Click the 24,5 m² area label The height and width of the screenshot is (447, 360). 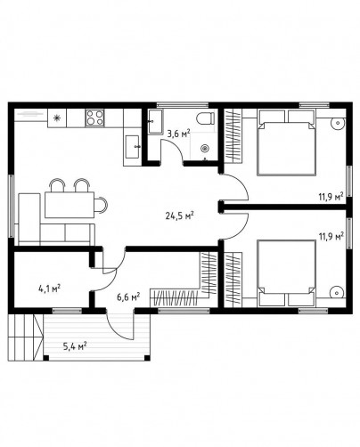tap(180, 215)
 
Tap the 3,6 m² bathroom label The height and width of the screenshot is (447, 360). tap(178, 134)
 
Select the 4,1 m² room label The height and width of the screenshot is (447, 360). tap(50, 288)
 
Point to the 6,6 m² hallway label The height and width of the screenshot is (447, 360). tap(128, 297)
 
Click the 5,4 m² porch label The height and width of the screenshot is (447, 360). tap(75, 345)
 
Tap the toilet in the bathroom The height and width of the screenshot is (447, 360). tap(206, 118)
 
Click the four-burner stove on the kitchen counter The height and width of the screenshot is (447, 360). tap(94, 118)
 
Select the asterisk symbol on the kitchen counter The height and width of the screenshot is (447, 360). tap(56, 118)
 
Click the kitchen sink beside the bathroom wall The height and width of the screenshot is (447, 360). tap(132, 147)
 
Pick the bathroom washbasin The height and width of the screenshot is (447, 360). tap(155, 121)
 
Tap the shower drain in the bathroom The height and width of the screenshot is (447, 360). tap(205, 148)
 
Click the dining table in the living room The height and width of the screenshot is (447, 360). tap(70, 205)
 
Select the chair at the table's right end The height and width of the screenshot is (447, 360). tap(101, 205)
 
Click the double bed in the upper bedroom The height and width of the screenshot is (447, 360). tap(286, 142)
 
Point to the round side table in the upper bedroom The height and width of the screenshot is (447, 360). tap(337, 122)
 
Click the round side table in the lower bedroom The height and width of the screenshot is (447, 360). tap(337, 292)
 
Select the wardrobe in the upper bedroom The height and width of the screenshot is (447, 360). tap(233, 135)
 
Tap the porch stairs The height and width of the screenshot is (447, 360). tap(26, 337)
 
